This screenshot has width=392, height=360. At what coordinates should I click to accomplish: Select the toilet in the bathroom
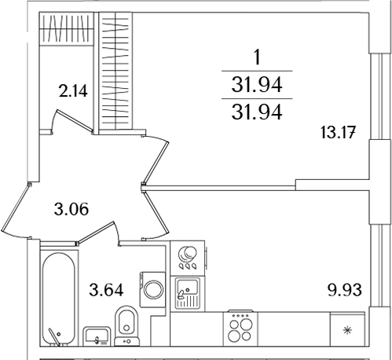pos(126,324)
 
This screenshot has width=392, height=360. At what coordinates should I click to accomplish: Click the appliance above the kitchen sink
pos(189,256)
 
